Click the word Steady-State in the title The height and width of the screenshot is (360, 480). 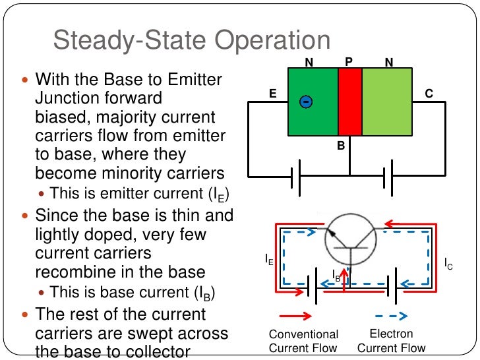pos(131,40)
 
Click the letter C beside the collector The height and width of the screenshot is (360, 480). pos(429,95)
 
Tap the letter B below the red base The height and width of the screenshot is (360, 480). pos(341,145)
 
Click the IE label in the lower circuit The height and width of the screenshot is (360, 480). pos(269,260)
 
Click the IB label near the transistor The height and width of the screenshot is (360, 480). pos(336,276)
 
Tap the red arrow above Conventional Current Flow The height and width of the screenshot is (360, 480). pos(295,315)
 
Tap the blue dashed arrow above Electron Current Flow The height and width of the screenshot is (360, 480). pos(392,315)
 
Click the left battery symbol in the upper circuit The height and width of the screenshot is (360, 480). pos(294,176)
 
